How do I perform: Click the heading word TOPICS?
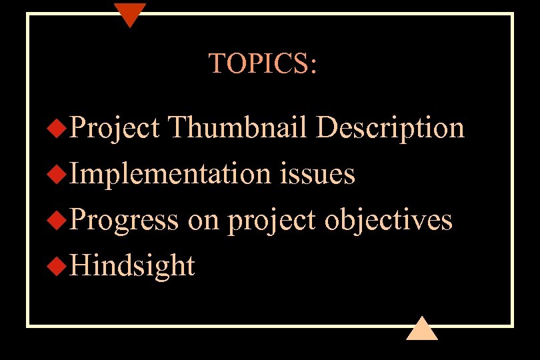(259, 63)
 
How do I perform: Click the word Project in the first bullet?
(115, 127)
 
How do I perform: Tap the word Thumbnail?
(238, 127)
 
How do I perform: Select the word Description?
(390, 127)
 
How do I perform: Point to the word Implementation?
(170, 174)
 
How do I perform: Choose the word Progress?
(124, 220)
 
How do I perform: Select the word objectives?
(388, 220)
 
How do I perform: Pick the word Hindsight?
(132, 266)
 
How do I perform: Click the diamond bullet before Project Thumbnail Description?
(59, 128)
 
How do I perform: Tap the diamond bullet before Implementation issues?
(59, 175)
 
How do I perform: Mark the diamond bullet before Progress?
(59, 221)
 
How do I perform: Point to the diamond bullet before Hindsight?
(59, 267)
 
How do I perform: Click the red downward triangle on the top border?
(129, 13)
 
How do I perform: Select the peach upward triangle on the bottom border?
(421, 329)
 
